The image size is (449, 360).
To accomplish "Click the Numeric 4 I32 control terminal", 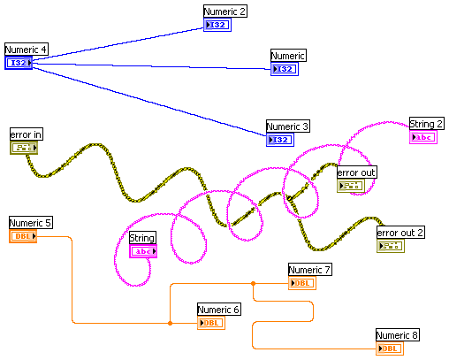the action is [19, 63].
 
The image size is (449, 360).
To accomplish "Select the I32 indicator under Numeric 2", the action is [217, 25].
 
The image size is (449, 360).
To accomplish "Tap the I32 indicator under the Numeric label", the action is [285, 69].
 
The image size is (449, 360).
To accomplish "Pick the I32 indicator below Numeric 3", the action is [280, 140].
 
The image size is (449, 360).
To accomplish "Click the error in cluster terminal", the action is [24, 148].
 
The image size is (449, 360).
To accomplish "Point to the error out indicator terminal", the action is [351, 186].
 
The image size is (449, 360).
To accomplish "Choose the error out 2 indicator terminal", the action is [391, 246].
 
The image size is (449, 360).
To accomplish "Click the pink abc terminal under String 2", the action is [423, 137].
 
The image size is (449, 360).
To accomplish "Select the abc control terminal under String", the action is [143, 251].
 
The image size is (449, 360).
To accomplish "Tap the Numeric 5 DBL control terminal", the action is [23, 236].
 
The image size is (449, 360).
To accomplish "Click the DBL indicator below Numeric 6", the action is [211, 323].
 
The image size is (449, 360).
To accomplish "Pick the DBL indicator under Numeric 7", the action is [302, 283].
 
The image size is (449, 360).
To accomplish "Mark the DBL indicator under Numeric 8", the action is [390, 349].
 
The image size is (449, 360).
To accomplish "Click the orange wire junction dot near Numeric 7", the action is [253, 283].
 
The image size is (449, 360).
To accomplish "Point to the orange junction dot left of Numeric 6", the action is [170, 323].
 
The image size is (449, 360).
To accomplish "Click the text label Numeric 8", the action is [398, 335].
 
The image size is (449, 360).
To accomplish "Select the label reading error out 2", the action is [400, 233].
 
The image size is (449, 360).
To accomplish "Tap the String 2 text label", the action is [427, 124].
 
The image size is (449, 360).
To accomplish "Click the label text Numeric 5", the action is [31, 223].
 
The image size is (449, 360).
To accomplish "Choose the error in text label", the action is [27, 134].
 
